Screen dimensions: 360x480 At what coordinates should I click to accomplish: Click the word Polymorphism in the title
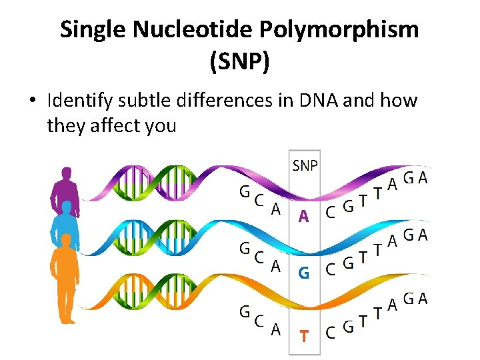[x=340, y=29]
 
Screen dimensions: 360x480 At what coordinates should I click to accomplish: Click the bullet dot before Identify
[x=32, y=101]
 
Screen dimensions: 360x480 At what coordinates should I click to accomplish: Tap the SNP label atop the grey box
[x=305, y=165]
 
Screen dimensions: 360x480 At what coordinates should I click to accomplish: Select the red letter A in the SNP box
[x=303, y=216]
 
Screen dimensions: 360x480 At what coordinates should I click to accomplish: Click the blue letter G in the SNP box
[x=303, y=273]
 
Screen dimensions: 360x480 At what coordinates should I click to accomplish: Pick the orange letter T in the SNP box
[x=303, y=336]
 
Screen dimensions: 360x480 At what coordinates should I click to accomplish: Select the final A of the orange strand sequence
[x=423, y=298]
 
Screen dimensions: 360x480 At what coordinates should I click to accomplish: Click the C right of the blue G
[x=330, y=269]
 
